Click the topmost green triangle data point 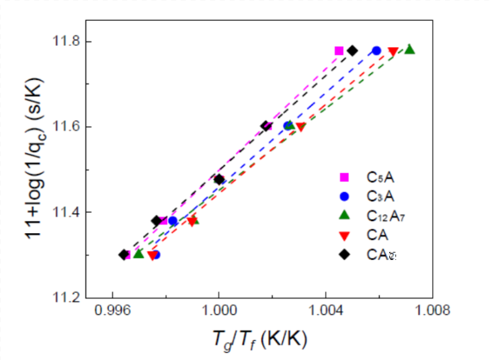pyautogui.click(x=409, y=49)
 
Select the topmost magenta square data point pyautogui.click(x=339, y=50)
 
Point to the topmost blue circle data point pyautogui.click(x=376, y=50)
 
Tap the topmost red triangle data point pyautogui.click(x=393, y=51)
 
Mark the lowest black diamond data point pyautogui.click(x=123, y=255)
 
